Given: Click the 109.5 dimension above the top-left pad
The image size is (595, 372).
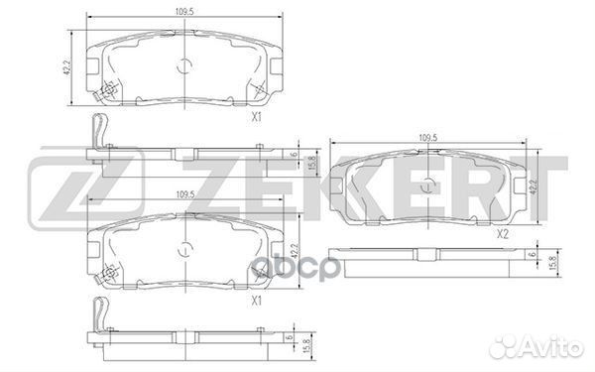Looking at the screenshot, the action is pos(184,11).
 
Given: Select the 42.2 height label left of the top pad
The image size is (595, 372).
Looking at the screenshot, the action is pos(67,66).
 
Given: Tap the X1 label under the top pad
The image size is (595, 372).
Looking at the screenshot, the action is pos(257,117).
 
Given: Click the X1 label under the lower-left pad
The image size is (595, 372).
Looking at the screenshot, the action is pos(257,301).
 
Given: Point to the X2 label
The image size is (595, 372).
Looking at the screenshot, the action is pos(503,234).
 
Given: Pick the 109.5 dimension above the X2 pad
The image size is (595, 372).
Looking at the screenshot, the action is pos(428,138).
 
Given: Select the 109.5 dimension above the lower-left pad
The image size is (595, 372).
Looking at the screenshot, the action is pos(185,194).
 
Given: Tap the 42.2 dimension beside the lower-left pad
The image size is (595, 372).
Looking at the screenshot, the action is pos(293,251).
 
